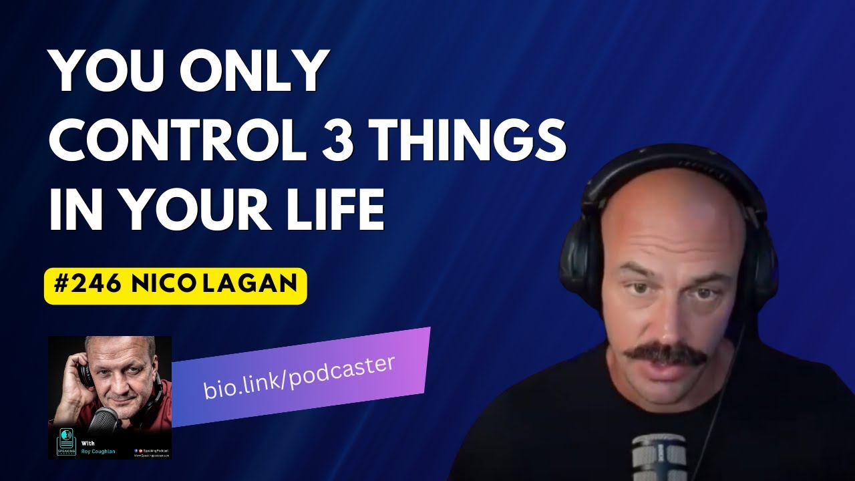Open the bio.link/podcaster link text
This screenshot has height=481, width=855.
pos(299,377)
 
